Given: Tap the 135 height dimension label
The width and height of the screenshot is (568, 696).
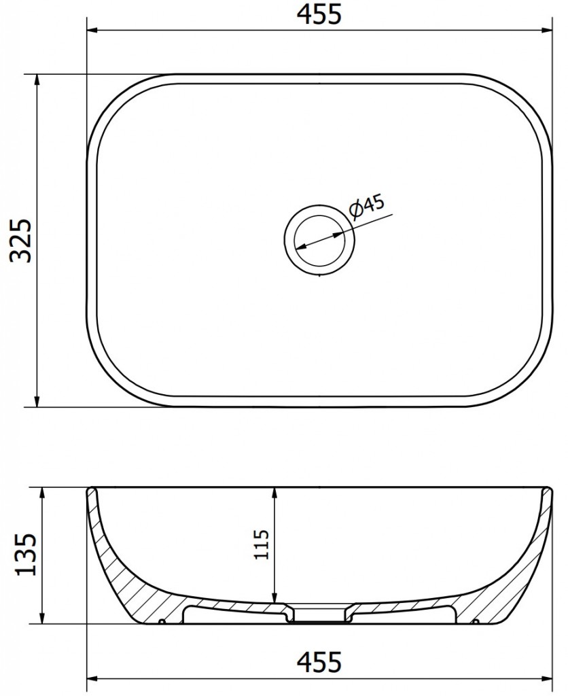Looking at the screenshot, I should (25, 555).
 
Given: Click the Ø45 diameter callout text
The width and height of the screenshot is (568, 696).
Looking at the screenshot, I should (368, 206).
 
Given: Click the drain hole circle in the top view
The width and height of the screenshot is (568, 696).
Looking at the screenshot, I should (318, 241).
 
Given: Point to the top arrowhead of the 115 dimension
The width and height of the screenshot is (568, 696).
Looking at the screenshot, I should (274, 493).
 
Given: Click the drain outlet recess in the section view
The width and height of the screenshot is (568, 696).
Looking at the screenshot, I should (318, 614).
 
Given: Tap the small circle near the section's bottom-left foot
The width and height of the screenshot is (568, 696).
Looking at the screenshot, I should (162, 622).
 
